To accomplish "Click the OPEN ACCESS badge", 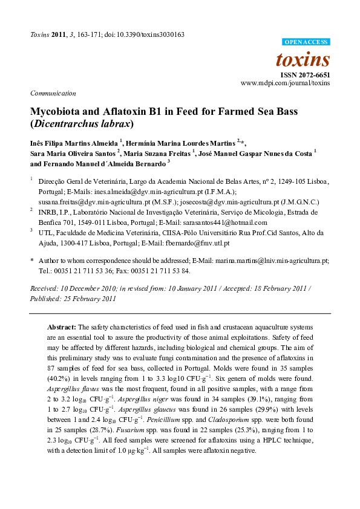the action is (x=306, y=42).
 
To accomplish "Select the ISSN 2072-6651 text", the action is (x=305, y=75).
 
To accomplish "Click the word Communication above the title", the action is (x=53, y=93).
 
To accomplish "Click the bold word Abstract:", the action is (x=62, y=326).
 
